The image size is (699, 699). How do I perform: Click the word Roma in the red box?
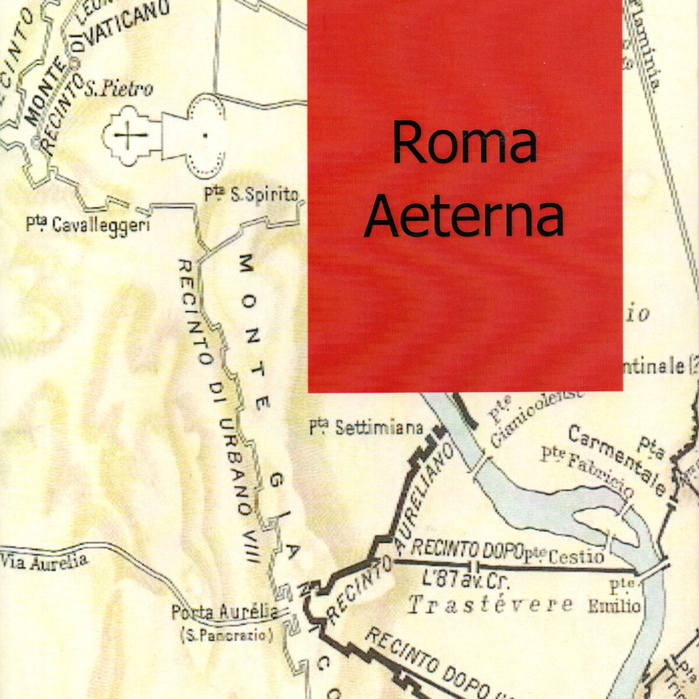coord(464,143)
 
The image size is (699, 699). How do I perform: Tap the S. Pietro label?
coord(119,89)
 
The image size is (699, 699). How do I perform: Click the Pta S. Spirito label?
coord(251,195)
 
